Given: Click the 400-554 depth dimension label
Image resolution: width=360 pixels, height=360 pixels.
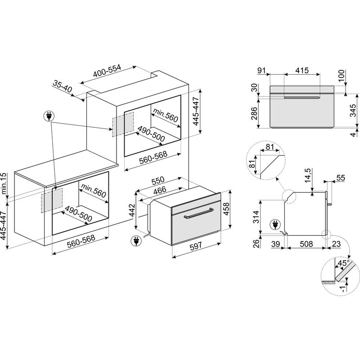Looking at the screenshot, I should (107, 72).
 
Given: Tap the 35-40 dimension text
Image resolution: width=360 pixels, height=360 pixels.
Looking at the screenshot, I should (63, 86).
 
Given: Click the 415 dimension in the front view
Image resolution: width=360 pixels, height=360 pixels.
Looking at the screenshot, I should (302, 71).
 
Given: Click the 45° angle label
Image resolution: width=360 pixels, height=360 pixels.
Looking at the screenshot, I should (344, 263).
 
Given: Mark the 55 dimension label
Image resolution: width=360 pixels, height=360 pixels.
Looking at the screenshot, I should (340, 178).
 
